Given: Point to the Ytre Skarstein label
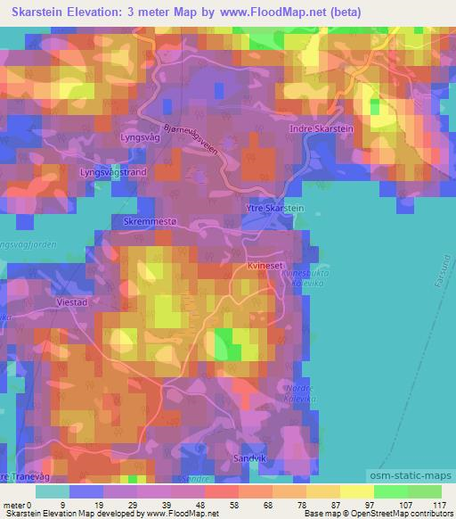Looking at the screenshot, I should [273, 208].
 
